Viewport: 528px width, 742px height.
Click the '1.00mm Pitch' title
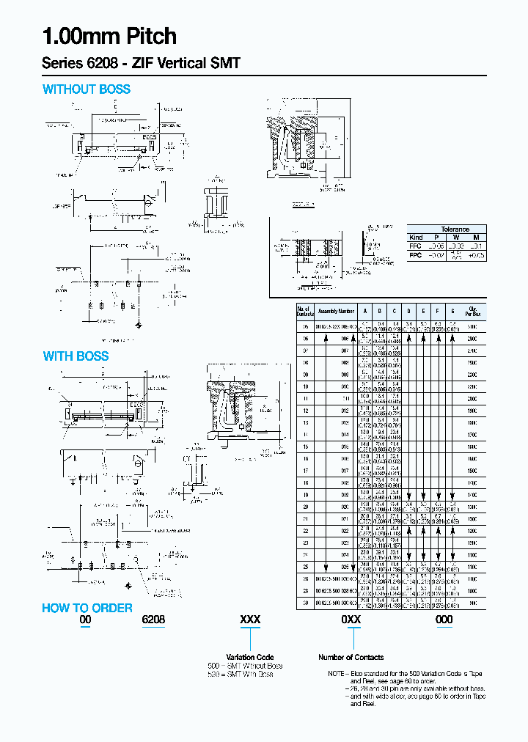tap(109, 37)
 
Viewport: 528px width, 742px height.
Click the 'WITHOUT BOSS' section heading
tap(87, 89)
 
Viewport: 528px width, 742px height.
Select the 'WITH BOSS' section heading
tap(76, 356)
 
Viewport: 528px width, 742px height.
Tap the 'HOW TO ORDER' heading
tap(87, 608)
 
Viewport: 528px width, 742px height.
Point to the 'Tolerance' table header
tap(455, 229)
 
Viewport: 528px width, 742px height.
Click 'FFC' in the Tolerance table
tap(416, 246)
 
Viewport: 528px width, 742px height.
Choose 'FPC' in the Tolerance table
tap(416, 255)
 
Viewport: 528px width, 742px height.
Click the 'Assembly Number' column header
tap(336, 311)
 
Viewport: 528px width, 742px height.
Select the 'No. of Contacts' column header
tap(304, 311)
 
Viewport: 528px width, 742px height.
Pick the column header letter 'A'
tap(364, 311)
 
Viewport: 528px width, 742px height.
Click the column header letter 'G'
tap(452, 311)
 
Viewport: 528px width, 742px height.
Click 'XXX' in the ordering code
tap(250, 620)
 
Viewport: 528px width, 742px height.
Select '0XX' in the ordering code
tap(351, 620)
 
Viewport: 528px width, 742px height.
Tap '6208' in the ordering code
tap(153, 620)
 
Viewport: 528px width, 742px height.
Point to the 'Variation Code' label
tap(250, 657)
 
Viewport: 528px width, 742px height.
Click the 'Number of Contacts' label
tap(351, 657)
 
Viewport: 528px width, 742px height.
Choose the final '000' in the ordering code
tap(444, 620)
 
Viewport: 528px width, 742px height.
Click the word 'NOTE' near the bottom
tap(337, 673)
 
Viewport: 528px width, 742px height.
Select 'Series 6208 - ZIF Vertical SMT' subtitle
tap(141, 64)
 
